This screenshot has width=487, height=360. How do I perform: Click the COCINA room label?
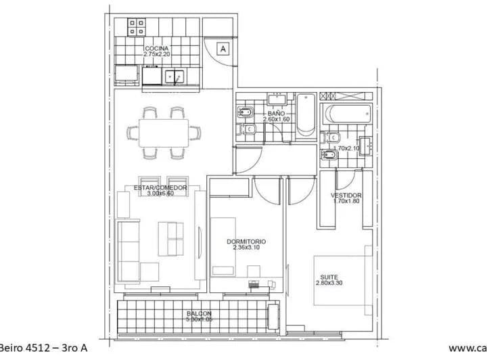point(156,49)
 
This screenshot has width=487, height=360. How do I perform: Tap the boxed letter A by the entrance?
point(223,48)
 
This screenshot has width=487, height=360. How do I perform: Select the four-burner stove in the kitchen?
point(137,26)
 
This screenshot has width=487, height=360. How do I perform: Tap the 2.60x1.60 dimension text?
point(276,120)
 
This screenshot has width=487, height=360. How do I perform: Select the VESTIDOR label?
point(346,196)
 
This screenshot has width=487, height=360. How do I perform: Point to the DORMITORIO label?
point(246,242)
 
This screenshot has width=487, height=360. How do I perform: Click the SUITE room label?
point(329,276)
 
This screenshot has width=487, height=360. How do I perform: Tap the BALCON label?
point(199,314)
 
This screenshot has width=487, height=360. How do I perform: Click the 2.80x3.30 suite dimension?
point(329,283)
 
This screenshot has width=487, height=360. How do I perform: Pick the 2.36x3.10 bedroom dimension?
point(246,248)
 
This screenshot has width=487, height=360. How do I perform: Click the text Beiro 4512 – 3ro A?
point(44,348)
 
